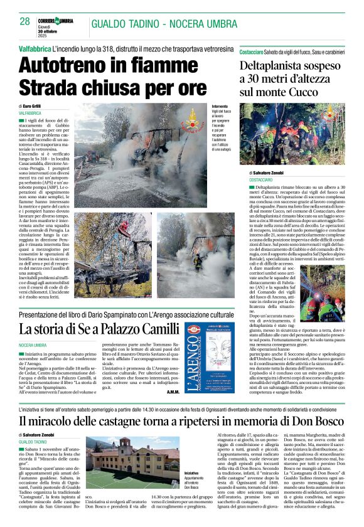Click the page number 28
[x=25, y=21]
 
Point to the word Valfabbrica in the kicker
[x=40, y=48]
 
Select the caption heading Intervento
[x=220, y=107]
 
